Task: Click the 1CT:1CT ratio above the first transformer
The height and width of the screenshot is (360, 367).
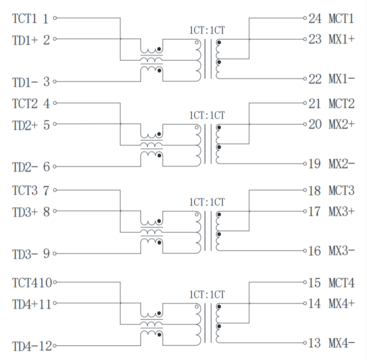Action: pyautogui.click(x=207, y=31)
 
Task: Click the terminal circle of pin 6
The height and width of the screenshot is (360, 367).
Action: pyautogui.click(x=55, y=166)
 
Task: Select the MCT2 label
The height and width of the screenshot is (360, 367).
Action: pyautogui.click(x=342, y=104)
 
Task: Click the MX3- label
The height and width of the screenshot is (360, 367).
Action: pyautogui.click(x=342, y=251)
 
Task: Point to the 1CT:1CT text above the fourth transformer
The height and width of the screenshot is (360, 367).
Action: pyautogui.click(x=207, y=295)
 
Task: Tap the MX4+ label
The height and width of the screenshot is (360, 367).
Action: pyautogui.click(x=342, y=304)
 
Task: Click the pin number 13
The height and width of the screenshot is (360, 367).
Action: pyautogui.click(x=315, y=343)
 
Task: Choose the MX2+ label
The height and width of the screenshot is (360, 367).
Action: pyautogui.click(x=342, y=124)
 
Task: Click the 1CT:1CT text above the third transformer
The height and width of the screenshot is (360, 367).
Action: pyautogui.click(x=207, y=202)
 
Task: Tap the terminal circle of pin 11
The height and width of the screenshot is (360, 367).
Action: pyautogui.click(x=55, y=303)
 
